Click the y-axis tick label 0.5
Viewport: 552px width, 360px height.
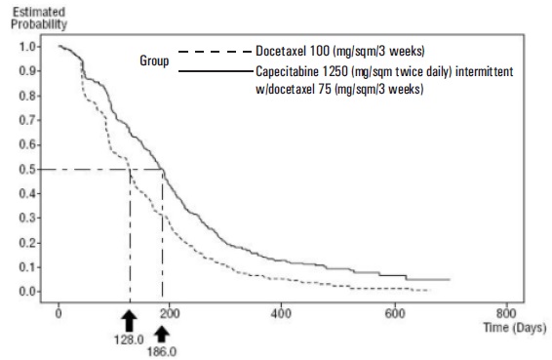click(27, 170)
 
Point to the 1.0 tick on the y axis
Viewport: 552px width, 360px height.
click(27, 47)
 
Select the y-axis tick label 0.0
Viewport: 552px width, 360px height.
click(27, 292)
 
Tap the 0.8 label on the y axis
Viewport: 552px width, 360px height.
click(27, 96)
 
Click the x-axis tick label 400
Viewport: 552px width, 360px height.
click(281, 313)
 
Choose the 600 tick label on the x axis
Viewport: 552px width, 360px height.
click(395, 313)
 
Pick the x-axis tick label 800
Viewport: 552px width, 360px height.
click(506, 313)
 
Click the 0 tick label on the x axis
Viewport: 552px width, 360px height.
click(59, 313)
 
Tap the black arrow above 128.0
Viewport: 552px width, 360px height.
click(130, 321)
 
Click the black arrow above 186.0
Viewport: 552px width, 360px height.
click(162, 334)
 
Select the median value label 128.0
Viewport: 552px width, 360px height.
click(129, 340)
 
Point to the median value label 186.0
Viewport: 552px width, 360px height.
click(162, 351)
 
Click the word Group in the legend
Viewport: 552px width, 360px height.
click(154, 60)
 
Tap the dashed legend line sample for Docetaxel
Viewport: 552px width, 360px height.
click(216, 52)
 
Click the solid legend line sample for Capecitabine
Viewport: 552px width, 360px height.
click(216, 71)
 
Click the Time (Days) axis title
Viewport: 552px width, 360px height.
click(515, 328)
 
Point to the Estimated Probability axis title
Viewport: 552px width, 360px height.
click(39, 19)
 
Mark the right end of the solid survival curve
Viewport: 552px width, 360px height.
click(450, 280)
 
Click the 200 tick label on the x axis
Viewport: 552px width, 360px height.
click(170, 313)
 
